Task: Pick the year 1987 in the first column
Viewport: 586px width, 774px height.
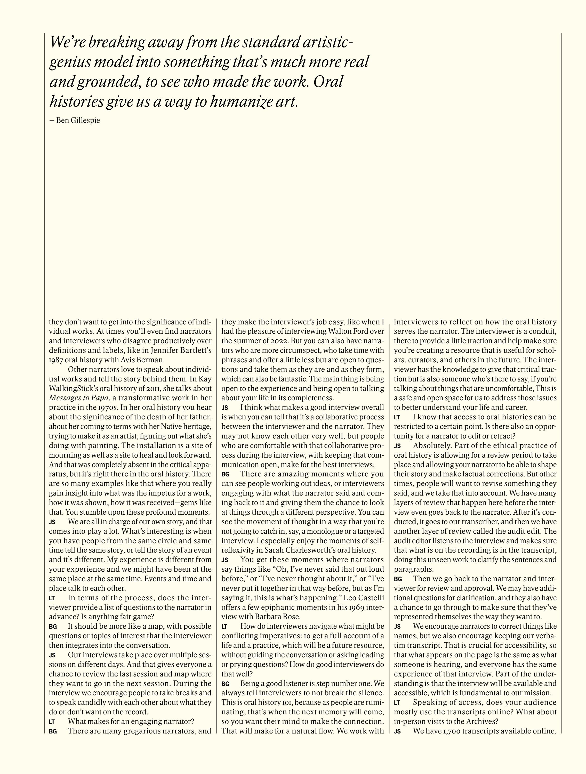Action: pos(57,360)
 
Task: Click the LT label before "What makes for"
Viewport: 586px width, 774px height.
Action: pos(52,722)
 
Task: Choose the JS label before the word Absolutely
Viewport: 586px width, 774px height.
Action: pos(397,446)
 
